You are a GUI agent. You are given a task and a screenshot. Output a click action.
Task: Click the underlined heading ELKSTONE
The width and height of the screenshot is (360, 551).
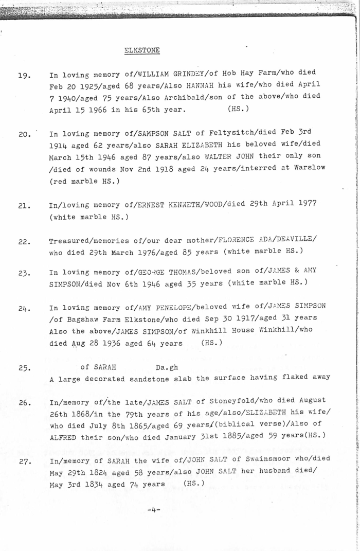(142, 50)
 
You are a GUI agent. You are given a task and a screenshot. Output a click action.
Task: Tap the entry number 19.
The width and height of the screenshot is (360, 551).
(24, 76)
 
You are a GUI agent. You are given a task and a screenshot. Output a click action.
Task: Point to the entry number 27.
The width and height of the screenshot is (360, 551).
(24, 461)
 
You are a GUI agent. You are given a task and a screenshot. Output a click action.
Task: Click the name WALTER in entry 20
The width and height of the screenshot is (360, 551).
(219, 155)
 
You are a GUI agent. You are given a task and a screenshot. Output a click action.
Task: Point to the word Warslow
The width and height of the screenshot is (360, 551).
(309, 167)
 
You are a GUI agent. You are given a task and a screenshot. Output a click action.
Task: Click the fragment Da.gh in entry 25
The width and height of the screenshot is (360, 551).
(167, 368)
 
